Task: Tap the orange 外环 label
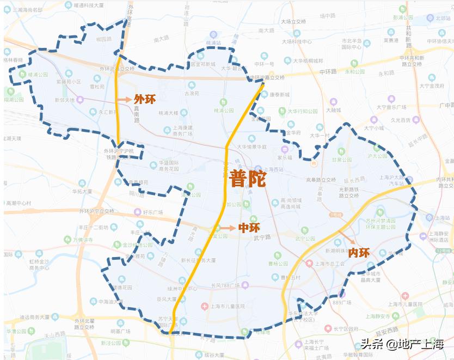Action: [144, 99]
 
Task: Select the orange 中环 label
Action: [249, 228]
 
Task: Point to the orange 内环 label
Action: [359, 253]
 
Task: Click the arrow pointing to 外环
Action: [124, 100]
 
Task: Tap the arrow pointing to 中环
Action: [230, 228]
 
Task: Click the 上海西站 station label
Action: [270, 170]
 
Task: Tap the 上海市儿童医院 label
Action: [228, 307]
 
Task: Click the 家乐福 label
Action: [285, 157]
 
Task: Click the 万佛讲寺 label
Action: [83, 240]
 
